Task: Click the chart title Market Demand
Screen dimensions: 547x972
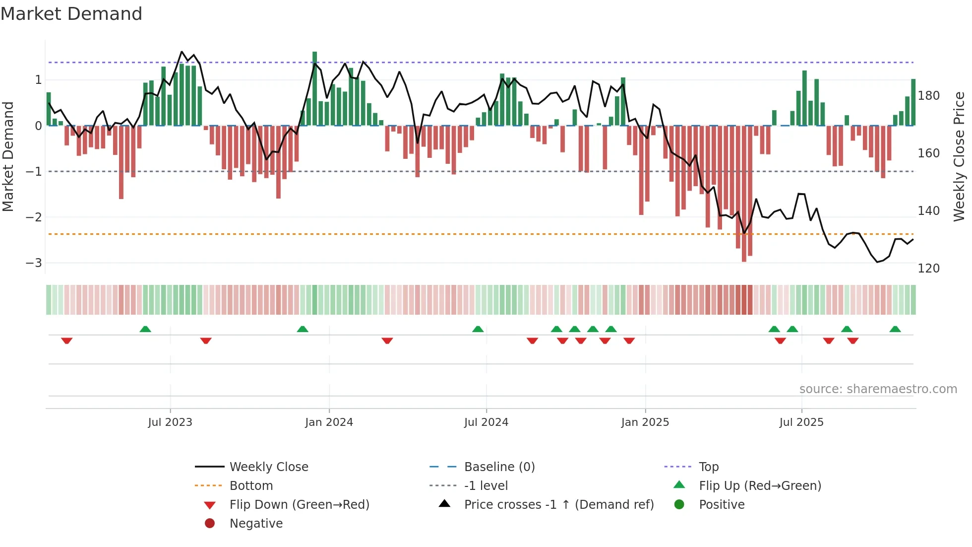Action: point(71,14)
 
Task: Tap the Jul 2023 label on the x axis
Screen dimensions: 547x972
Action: point(170,422)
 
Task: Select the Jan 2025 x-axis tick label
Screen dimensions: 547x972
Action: point(645,422)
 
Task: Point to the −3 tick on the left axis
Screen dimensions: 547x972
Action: point(34,263)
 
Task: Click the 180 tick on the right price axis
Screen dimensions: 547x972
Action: point(928,95)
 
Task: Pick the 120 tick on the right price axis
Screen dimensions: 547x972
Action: point(928,268)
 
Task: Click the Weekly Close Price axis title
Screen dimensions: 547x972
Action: point(959,156)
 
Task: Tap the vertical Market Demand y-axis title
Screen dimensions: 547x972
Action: point(8,156)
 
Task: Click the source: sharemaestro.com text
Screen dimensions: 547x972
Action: point(878,389)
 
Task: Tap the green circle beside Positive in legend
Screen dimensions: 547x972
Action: point(679,505)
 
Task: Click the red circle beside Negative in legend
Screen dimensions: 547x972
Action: point(210,524)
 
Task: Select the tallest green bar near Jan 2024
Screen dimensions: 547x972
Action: point(314,89)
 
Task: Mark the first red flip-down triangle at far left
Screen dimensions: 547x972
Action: point(67,341)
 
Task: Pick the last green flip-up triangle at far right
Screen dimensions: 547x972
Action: point(895,329)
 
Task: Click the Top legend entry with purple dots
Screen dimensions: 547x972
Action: point(709,467)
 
